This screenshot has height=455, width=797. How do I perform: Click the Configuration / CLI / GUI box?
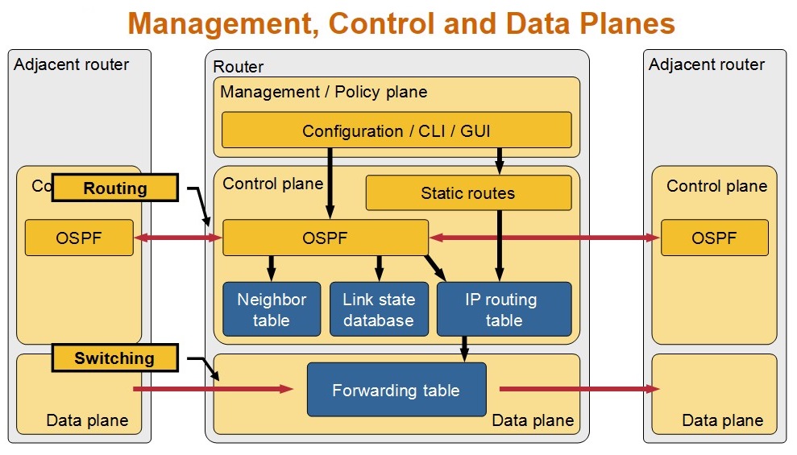[396, 130]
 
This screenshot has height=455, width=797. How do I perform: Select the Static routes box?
[468, 192]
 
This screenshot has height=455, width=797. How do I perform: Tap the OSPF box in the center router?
[325, 238]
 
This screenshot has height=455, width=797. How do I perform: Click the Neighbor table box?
[272, 309]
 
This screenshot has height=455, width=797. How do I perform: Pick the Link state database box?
[378, 309]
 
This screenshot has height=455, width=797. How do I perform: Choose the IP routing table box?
[504, 309]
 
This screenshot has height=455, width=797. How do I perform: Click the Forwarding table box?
[396, 390]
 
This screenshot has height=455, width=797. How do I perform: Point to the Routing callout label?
[115, 188]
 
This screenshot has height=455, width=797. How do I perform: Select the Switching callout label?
[114, 358]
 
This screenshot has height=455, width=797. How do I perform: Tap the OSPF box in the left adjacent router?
[79, 238]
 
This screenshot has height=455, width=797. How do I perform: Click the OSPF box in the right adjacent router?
[714, 238]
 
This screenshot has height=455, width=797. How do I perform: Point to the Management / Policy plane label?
[324, 92]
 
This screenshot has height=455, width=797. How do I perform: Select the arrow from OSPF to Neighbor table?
[272, 268]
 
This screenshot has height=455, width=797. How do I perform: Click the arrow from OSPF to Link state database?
[379, 268]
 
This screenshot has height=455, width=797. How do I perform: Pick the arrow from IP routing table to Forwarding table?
[464, 349]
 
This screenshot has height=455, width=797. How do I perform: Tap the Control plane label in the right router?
[716, 186]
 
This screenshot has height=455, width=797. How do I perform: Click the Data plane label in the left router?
[87, 420]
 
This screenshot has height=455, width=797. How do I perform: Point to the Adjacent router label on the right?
[707, 64]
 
